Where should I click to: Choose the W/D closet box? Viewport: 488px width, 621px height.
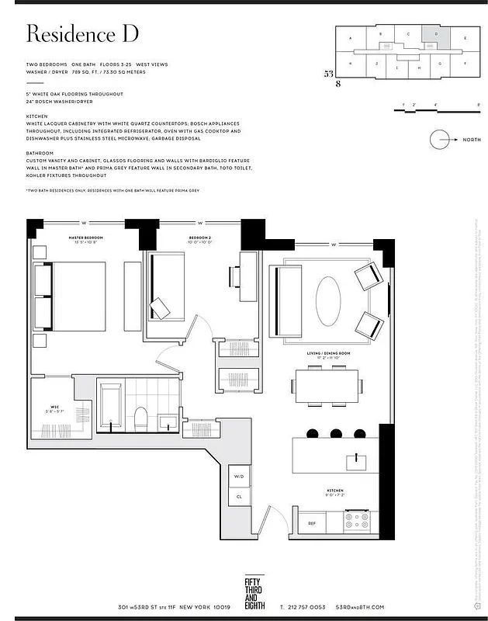[x=238, y=476]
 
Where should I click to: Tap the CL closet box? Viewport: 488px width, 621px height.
[x=238, y=496]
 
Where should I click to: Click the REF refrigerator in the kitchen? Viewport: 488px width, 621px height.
[x=312, y=523]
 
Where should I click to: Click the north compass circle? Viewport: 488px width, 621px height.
[x=439, y=140]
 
